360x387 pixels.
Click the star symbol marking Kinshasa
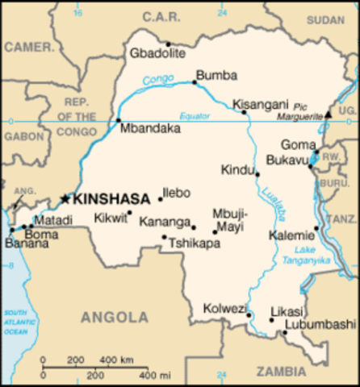tap(65, 198)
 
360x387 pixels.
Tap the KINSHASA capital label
tap(111, 198)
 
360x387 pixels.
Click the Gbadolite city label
tap(157, 53)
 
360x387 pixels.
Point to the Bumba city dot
tap(195, 82)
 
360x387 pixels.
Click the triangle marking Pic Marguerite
tap(328, 115)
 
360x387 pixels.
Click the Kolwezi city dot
tap(249, 314)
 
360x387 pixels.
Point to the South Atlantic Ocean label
tap(15, 321)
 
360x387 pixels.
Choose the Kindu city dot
tap(257, 173)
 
